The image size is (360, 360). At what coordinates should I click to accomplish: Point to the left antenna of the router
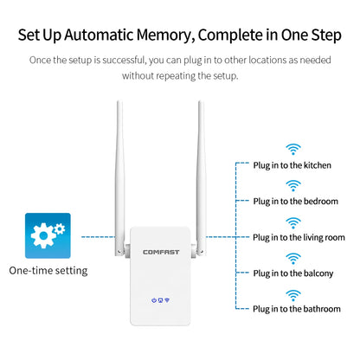pyautogui.click(x=119, y=173)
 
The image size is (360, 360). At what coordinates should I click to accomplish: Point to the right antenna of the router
pyautogui.click(x=201, y=173)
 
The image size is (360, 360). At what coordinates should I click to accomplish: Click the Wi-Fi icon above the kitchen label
pyautogui.click(x=294, y=149)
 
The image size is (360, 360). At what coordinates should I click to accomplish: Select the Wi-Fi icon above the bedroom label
pyautogui.click(x=294, y=185)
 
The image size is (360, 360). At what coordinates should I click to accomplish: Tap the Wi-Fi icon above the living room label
pyautogui.click(x=294, y=222)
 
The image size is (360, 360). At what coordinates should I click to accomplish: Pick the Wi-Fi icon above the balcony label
pyautogui.click(x=294, y=258)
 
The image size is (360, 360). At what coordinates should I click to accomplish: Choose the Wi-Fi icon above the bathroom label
pyautogui.click(x=294, y=294)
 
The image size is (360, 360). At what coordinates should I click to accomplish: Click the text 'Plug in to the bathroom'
pyautogui.click(x=298, y=309)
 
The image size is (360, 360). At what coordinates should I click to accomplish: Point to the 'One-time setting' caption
pyautogui.click(x=48, y=271)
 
